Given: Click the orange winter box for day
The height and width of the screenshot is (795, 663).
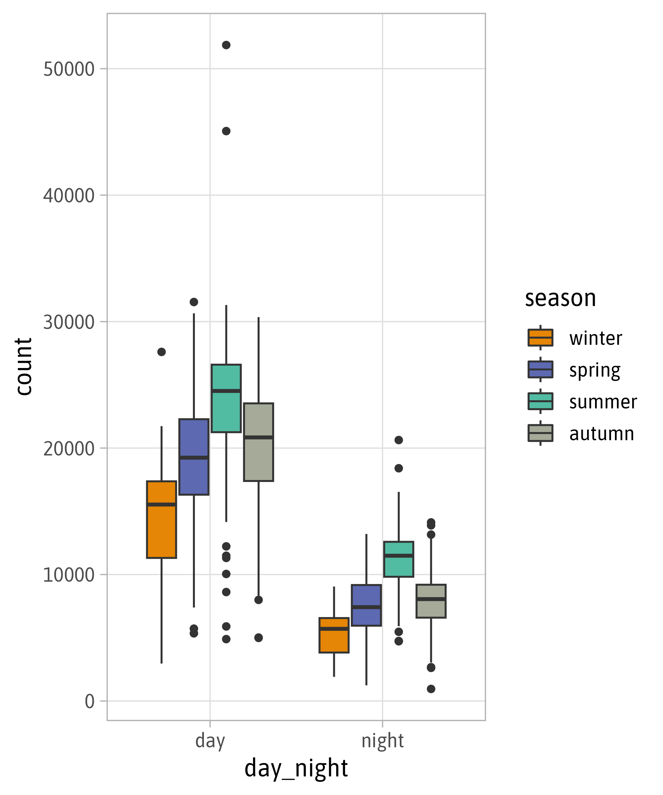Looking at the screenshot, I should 161,519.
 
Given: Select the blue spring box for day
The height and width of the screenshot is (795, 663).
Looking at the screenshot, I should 194,456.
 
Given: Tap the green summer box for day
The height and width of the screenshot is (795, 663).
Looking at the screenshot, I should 226,398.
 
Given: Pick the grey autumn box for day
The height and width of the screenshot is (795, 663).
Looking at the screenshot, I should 258,442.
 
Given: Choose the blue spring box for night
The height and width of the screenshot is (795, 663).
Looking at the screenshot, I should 366,605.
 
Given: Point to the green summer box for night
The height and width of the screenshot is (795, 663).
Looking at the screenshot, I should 398,559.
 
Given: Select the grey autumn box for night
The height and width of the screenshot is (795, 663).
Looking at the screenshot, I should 431,601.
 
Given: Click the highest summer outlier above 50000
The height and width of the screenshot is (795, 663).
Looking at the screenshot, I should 226,45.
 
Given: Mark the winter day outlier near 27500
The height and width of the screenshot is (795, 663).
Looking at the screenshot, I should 161,352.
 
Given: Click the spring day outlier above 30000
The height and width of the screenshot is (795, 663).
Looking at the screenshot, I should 194,302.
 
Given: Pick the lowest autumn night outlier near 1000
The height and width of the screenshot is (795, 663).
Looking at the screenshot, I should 431,689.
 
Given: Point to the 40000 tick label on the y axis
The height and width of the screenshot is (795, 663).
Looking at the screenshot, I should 69,196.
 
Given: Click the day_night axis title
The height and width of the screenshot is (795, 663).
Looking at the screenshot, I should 296,768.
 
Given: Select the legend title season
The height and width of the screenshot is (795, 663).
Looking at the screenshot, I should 560,299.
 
